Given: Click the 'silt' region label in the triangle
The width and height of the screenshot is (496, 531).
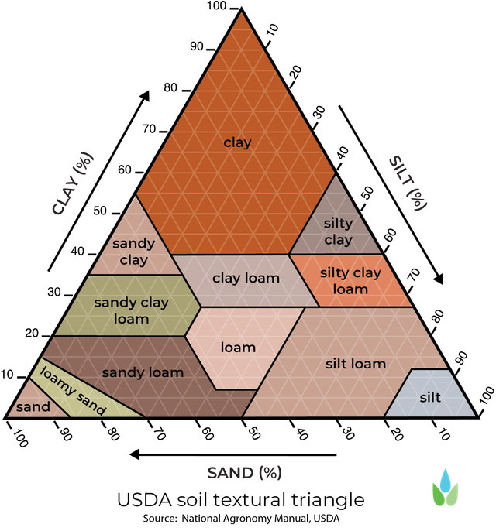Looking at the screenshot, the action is pyautogui.click(x=430, y=397).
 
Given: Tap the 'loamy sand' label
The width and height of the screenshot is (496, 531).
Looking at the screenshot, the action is pyautogui.click(x=73, y=390).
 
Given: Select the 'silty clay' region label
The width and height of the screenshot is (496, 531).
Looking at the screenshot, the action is pyautogui.click(x=339, y=231).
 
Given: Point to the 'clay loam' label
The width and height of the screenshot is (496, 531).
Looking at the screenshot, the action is pyautogui.click(x=246, y=278).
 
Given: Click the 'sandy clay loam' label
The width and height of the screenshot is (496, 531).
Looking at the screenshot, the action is pyautogui.click(x=131, y=310).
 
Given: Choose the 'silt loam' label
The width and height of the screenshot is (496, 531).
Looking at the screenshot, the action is pyautogui.click(x=356, y=364).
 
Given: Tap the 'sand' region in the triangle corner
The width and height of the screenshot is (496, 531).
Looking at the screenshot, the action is pyautogui.click(x=33, y=406).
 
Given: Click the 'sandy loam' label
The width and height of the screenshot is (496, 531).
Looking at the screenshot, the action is pyautogui.click(x=143, y=372).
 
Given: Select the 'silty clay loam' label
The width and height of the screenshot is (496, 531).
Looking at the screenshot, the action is pyautogui.click(x=350, y=281).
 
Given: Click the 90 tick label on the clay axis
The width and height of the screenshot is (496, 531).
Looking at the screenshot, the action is pyautogui.click(x=196, y=46).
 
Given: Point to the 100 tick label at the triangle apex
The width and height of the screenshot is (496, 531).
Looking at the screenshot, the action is pyautogui.click(x=216, y=5).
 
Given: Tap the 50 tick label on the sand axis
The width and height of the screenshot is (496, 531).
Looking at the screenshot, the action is pyautogui.click(x=253, y=433).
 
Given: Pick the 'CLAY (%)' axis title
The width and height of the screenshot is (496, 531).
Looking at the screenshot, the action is pyautogui.click(x=72, y=184).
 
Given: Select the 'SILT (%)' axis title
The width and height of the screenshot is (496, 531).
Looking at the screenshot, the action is pyautogui.click(x=408, y=183).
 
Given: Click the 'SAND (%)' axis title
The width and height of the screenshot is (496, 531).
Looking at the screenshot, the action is pyautogui.click(x=244, y=473).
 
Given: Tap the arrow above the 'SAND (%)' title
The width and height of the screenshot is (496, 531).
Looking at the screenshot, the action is pyautogui.click(x=233, y=454).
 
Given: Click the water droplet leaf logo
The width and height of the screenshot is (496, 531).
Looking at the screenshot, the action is pyautogui.click(x=445, y=488).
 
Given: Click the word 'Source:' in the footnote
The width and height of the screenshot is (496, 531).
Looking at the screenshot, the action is pyautogui.click(x=160, y=519).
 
